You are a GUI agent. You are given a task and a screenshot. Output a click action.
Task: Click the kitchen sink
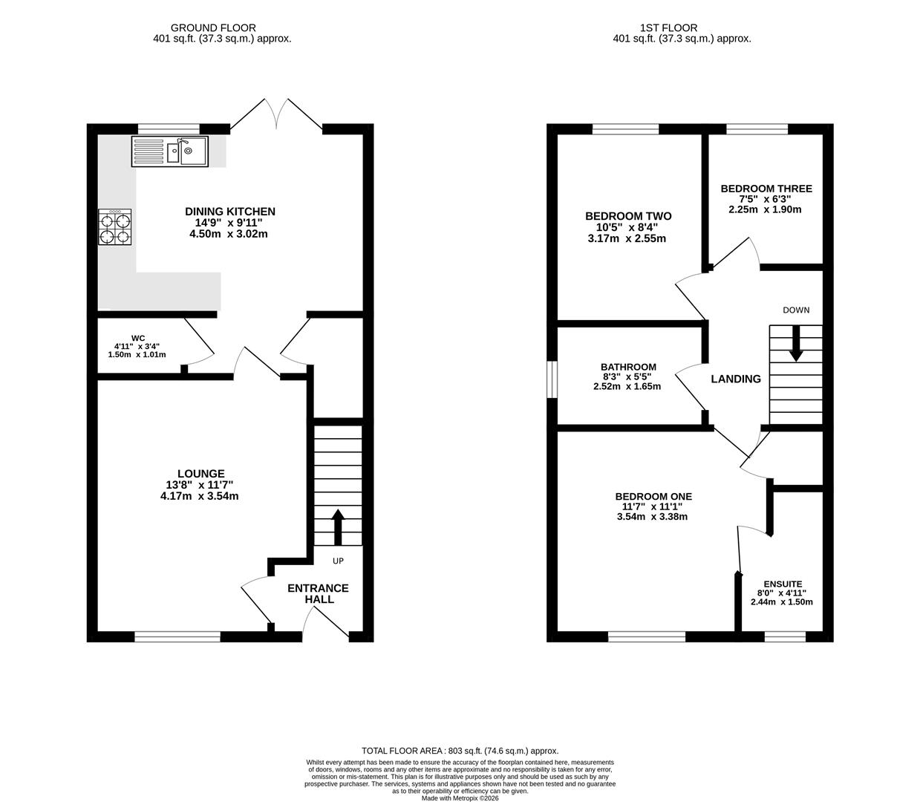(169, 151)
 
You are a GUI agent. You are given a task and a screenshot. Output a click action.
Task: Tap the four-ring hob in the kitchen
(115, 227)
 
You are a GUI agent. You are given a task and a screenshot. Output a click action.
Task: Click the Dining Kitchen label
(229, 212)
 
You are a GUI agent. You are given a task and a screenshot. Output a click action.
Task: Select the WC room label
(138, 338)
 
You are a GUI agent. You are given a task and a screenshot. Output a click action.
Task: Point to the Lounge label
(200, 473)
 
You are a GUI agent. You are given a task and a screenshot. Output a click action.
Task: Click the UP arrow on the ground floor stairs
(338, 527)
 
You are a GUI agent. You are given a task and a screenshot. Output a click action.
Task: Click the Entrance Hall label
(319, 593)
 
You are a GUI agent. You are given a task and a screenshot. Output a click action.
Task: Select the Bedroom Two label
(628, 216)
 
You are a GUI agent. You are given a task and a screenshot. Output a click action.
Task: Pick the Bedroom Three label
(766, 189)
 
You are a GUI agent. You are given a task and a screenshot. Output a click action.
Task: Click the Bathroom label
(628, 367)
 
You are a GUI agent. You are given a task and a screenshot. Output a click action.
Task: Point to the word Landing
(736, 379)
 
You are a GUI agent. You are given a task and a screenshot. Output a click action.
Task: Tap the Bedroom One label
(653, 496)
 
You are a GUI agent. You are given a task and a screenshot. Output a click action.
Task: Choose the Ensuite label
(783, 584)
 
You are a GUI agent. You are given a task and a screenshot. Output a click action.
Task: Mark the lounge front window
(177, 636)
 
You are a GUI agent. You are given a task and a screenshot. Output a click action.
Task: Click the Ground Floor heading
(213, 28)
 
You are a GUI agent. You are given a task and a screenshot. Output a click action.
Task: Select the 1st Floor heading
(668, 28)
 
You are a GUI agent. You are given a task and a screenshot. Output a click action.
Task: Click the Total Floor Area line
(460, 751)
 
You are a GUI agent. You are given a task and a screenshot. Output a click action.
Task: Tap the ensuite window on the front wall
(785, 636)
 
